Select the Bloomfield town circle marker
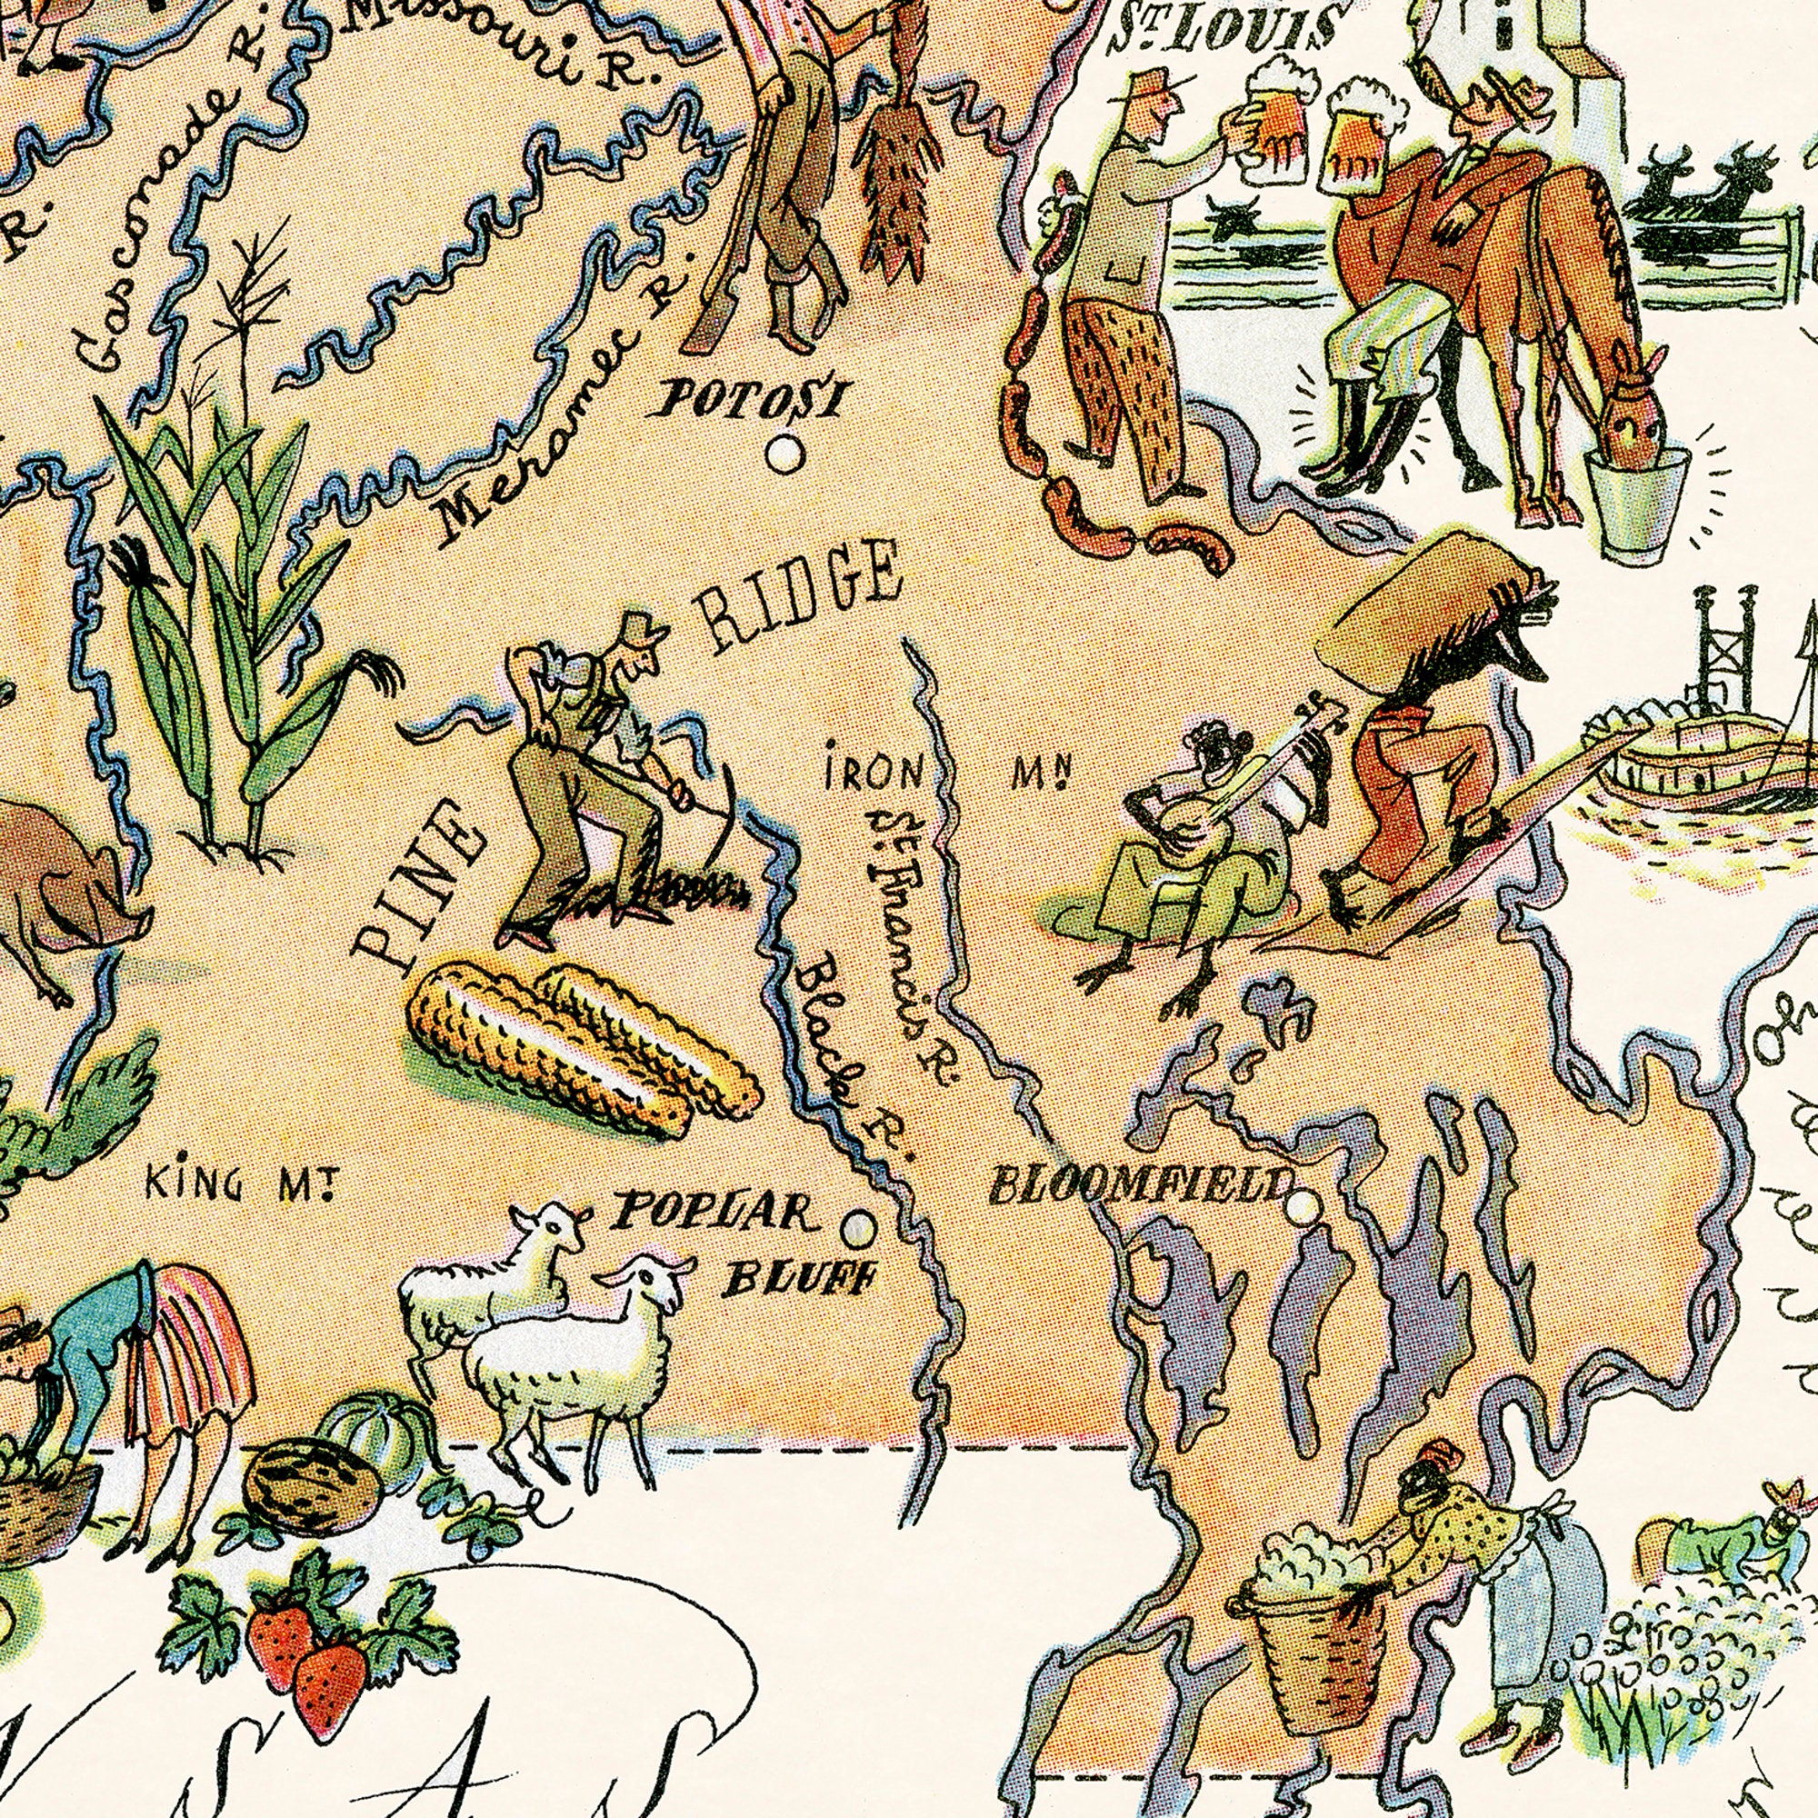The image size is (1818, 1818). pyautogui.click(x=1304, y=1205)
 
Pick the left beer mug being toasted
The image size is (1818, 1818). pyautogui.click(x=1275, y=123)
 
